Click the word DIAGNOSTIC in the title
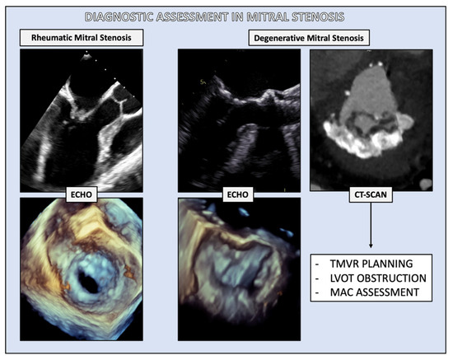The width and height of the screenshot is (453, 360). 119,17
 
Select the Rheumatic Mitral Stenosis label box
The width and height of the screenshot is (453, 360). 82,38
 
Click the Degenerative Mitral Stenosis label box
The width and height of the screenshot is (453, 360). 309,38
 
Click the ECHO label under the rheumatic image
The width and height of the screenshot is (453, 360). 82,194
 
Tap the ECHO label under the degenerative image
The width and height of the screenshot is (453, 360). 237,194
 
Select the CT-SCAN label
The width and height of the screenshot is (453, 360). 371,194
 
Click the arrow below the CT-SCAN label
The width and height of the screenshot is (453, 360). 371,225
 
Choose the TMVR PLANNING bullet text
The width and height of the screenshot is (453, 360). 371,264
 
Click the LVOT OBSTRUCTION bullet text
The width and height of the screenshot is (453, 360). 378,278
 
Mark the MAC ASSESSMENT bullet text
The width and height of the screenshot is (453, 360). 375,292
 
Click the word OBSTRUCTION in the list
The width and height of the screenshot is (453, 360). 392,278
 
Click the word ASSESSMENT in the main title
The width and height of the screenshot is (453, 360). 192,17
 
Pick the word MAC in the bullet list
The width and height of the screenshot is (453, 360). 341,292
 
